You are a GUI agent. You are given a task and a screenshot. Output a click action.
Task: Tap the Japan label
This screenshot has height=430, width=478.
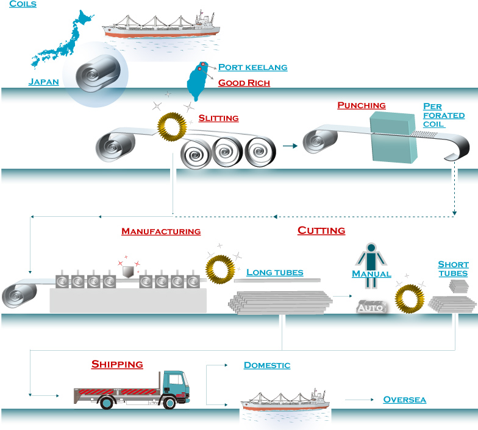44,82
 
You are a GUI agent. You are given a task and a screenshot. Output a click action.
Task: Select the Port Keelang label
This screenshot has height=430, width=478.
252,67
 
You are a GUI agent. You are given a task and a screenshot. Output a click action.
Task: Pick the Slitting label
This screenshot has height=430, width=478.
218,118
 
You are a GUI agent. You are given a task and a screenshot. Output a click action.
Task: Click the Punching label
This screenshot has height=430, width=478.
362,105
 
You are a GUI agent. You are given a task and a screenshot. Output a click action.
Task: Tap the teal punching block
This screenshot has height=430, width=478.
393,139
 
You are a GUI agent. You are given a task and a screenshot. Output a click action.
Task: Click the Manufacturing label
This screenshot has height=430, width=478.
161,231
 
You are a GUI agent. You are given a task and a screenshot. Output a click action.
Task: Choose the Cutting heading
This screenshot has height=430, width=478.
321,230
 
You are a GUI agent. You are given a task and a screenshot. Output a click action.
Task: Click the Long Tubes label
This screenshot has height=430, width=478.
274,272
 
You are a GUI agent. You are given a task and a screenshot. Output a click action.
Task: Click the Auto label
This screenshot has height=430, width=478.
370,308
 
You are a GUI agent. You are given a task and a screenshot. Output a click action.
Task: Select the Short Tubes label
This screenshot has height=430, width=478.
453,269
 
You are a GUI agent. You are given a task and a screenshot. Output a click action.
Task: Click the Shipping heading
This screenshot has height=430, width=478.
117,364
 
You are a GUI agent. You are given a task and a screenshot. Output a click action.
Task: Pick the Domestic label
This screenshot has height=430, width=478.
266,365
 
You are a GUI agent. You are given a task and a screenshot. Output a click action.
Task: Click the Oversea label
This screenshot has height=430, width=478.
404,400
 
